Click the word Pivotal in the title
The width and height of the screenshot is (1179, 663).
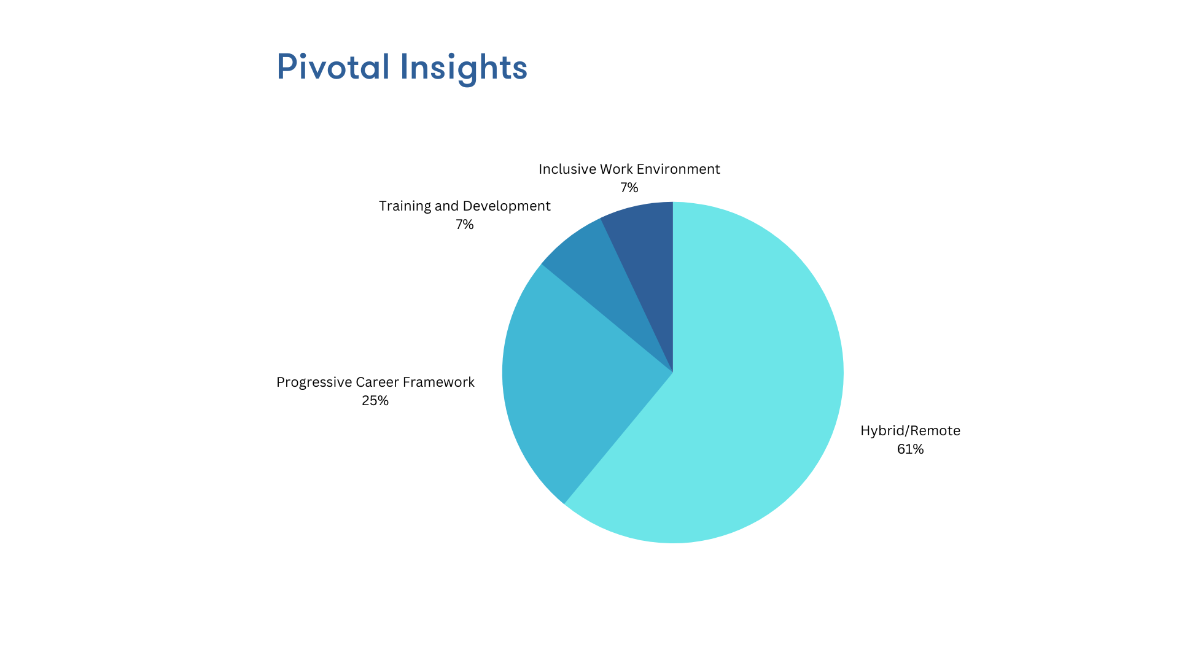(333, 66)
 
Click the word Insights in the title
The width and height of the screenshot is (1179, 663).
(464, 68)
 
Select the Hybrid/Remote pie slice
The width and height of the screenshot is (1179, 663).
(737, 393)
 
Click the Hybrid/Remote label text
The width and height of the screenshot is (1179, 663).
(910, 431)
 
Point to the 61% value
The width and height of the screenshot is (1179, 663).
(910, 449)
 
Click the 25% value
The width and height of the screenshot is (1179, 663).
(375, 401)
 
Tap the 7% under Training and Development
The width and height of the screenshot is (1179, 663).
(465, 225)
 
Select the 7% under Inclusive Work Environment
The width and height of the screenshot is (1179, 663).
(629, 188)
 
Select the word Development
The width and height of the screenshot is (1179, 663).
(509, 206)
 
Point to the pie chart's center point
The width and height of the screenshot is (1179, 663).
(673, 373)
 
